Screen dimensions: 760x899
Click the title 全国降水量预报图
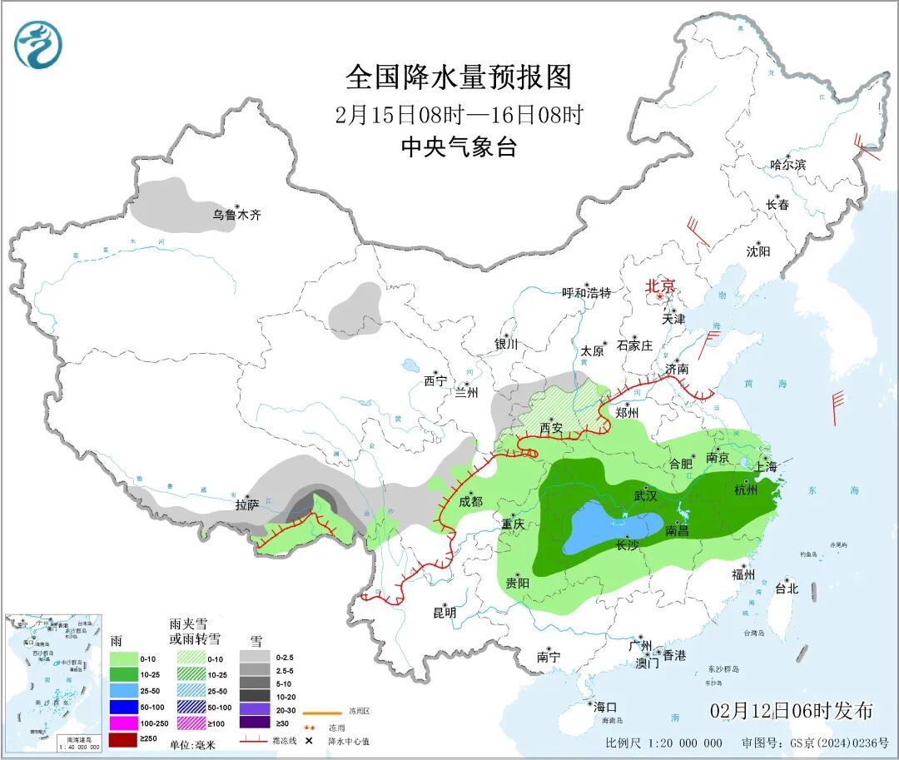click(x=459, y=77)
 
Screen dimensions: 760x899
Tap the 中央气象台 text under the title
click(x=459, y=147)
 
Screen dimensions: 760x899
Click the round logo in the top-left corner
click(x=38, y=44)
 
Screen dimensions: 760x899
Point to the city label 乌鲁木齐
click(x=236, y=215)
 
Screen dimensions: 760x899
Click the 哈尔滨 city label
click(x=787, y=165)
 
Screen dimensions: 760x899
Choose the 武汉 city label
click(x=646, y=495)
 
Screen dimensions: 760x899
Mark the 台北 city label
click(x=786, y=588)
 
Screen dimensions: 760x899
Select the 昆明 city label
click(x=445, y=613)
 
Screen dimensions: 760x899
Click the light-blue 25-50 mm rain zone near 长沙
click(x=608, y=526)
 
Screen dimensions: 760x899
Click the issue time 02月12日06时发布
click(x=792, y=710)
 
